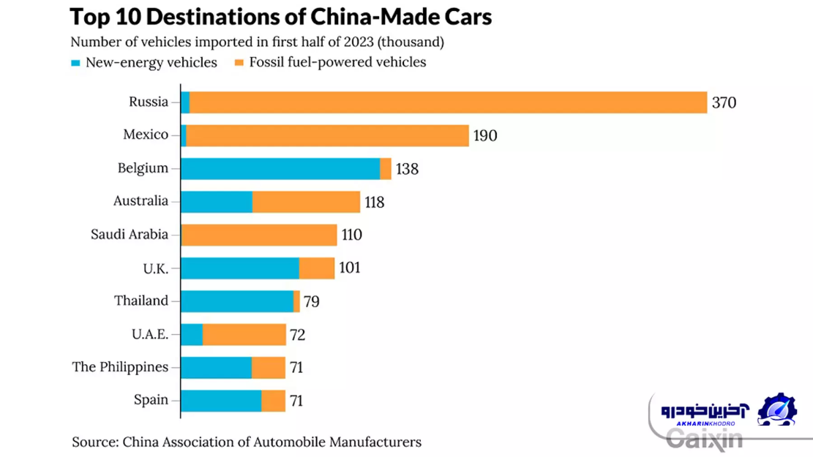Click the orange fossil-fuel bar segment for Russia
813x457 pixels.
click(448, 102)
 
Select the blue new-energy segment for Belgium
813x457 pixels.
click(280, 169)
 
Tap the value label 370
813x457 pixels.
click(724, 103)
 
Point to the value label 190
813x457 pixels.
click(485, 136)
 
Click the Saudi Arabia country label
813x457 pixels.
click(130, 235)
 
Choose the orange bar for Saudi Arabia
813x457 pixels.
click(259, 235)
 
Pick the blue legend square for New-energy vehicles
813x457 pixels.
click(75, 63)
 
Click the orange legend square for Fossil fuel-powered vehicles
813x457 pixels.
click(239, 63)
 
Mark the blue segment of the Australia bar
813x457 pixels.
click(217, 202)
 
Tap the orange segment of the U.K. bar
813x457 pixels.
click(317, 268)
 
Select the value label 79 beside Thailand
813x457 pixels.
click(311, 301)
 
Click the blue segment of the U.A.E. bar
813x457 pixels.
click(192, 335)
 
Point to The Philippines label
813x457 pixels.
click(120, 367)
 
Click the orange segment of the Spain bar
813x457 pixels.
click(273, 401)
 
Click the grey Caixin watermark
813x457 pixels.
click(704, 438)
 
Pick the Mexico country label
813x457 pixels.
click(146, 135)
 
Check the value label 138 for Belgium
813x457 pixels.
click(407, 169)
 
